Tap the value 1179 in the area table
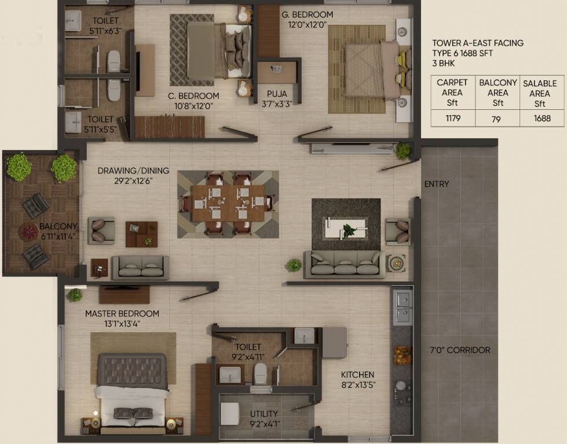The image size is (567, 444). [x=452, y=119]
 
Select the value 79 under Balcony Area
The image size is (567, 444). [x=498, y=119]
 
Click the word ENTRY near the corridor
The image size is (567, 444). [x=436, y=184]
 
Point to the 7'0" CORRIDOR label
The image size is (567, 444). [x=460, y=350]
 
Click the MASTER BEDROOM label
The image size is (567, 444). [x=122, y=313]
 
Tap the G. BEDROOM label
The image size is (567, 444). [x=307, y=14]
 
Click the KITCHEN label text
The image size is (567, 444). [x=357, y=375]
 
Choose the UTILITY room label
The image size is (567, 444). [x=264, y=414]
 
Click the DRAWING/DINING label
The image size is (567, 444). [x=133, y=171]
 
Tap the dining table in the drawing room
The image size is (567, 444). [x=228, y=203]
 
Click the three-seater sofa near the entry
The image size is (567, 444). [x=344, y=265]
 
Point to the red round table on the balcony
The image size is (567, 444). [x=28, y=232]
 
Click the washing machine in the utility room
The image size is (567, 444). [x=230, y=413]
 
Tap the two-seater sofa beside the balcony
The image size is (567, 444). [x=140, y=267]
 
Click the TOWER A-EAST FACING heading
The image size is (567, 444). [x=478, y=43]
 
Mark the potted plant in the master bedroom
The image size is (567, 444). [x=75, y=295]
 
